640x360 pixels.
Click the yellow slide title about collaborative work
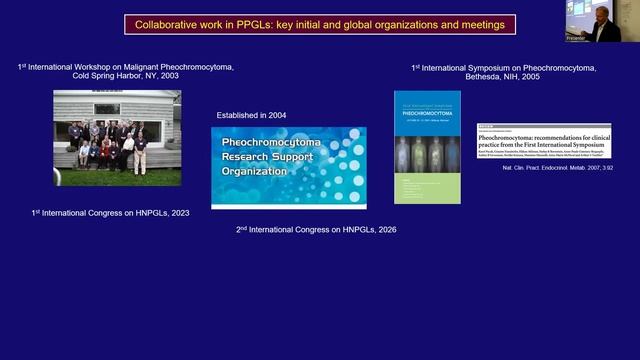point(320,24)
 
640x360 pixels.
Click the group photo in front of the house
point(117,137)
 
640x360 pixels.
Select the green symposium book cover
point(427,147)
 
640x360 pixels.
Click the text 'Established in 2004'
point(251,116)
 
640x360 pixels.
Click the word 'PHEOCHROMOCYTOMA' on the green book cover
point(427,114)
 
